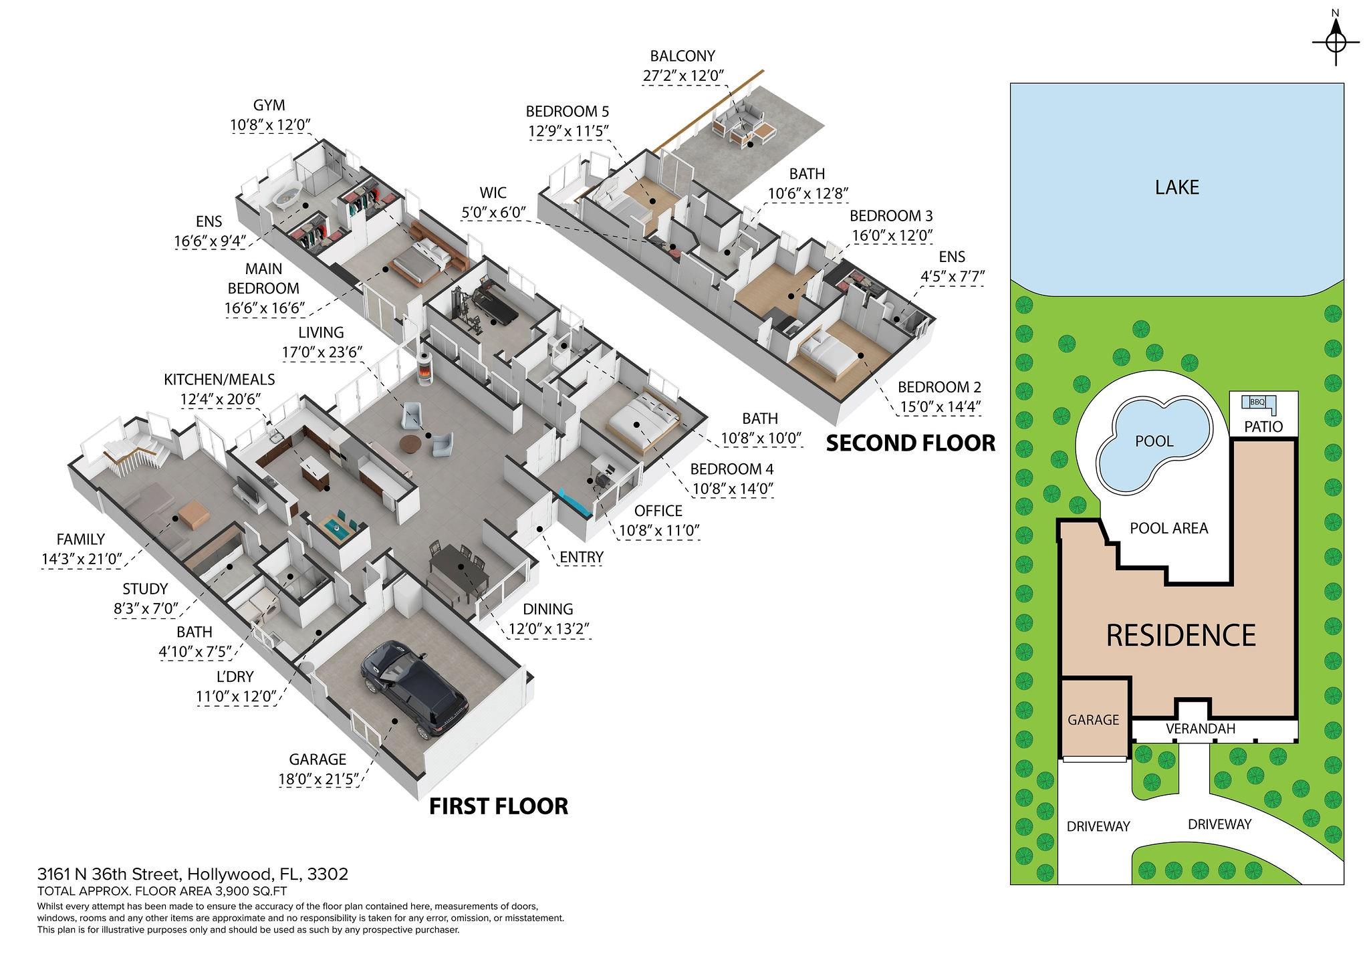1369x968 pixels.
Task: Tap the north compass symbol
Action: [x=1336, y=41]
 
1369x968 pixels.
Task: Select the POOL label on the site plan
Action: [x=1154, y=441]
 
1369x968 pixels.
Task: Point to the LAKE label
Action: [x=1176, y=187]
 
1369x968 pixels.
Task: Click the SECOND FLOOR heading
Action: [x=910, y=443]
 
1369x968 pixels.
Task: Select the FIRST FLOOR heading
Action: [x=498, y=807]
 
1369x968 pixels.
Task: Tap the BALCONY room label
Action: [x=682, y=56]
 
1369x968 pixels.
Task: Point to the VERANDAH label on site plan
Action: [x=1200, y=729]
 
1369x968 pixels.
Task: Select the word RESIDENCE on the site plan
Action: [x=1180, y=635]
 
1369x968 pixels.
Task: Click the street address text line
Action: [x=193, y=874]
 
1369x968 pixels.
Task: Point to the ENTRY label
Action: [x=581, y=557]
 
